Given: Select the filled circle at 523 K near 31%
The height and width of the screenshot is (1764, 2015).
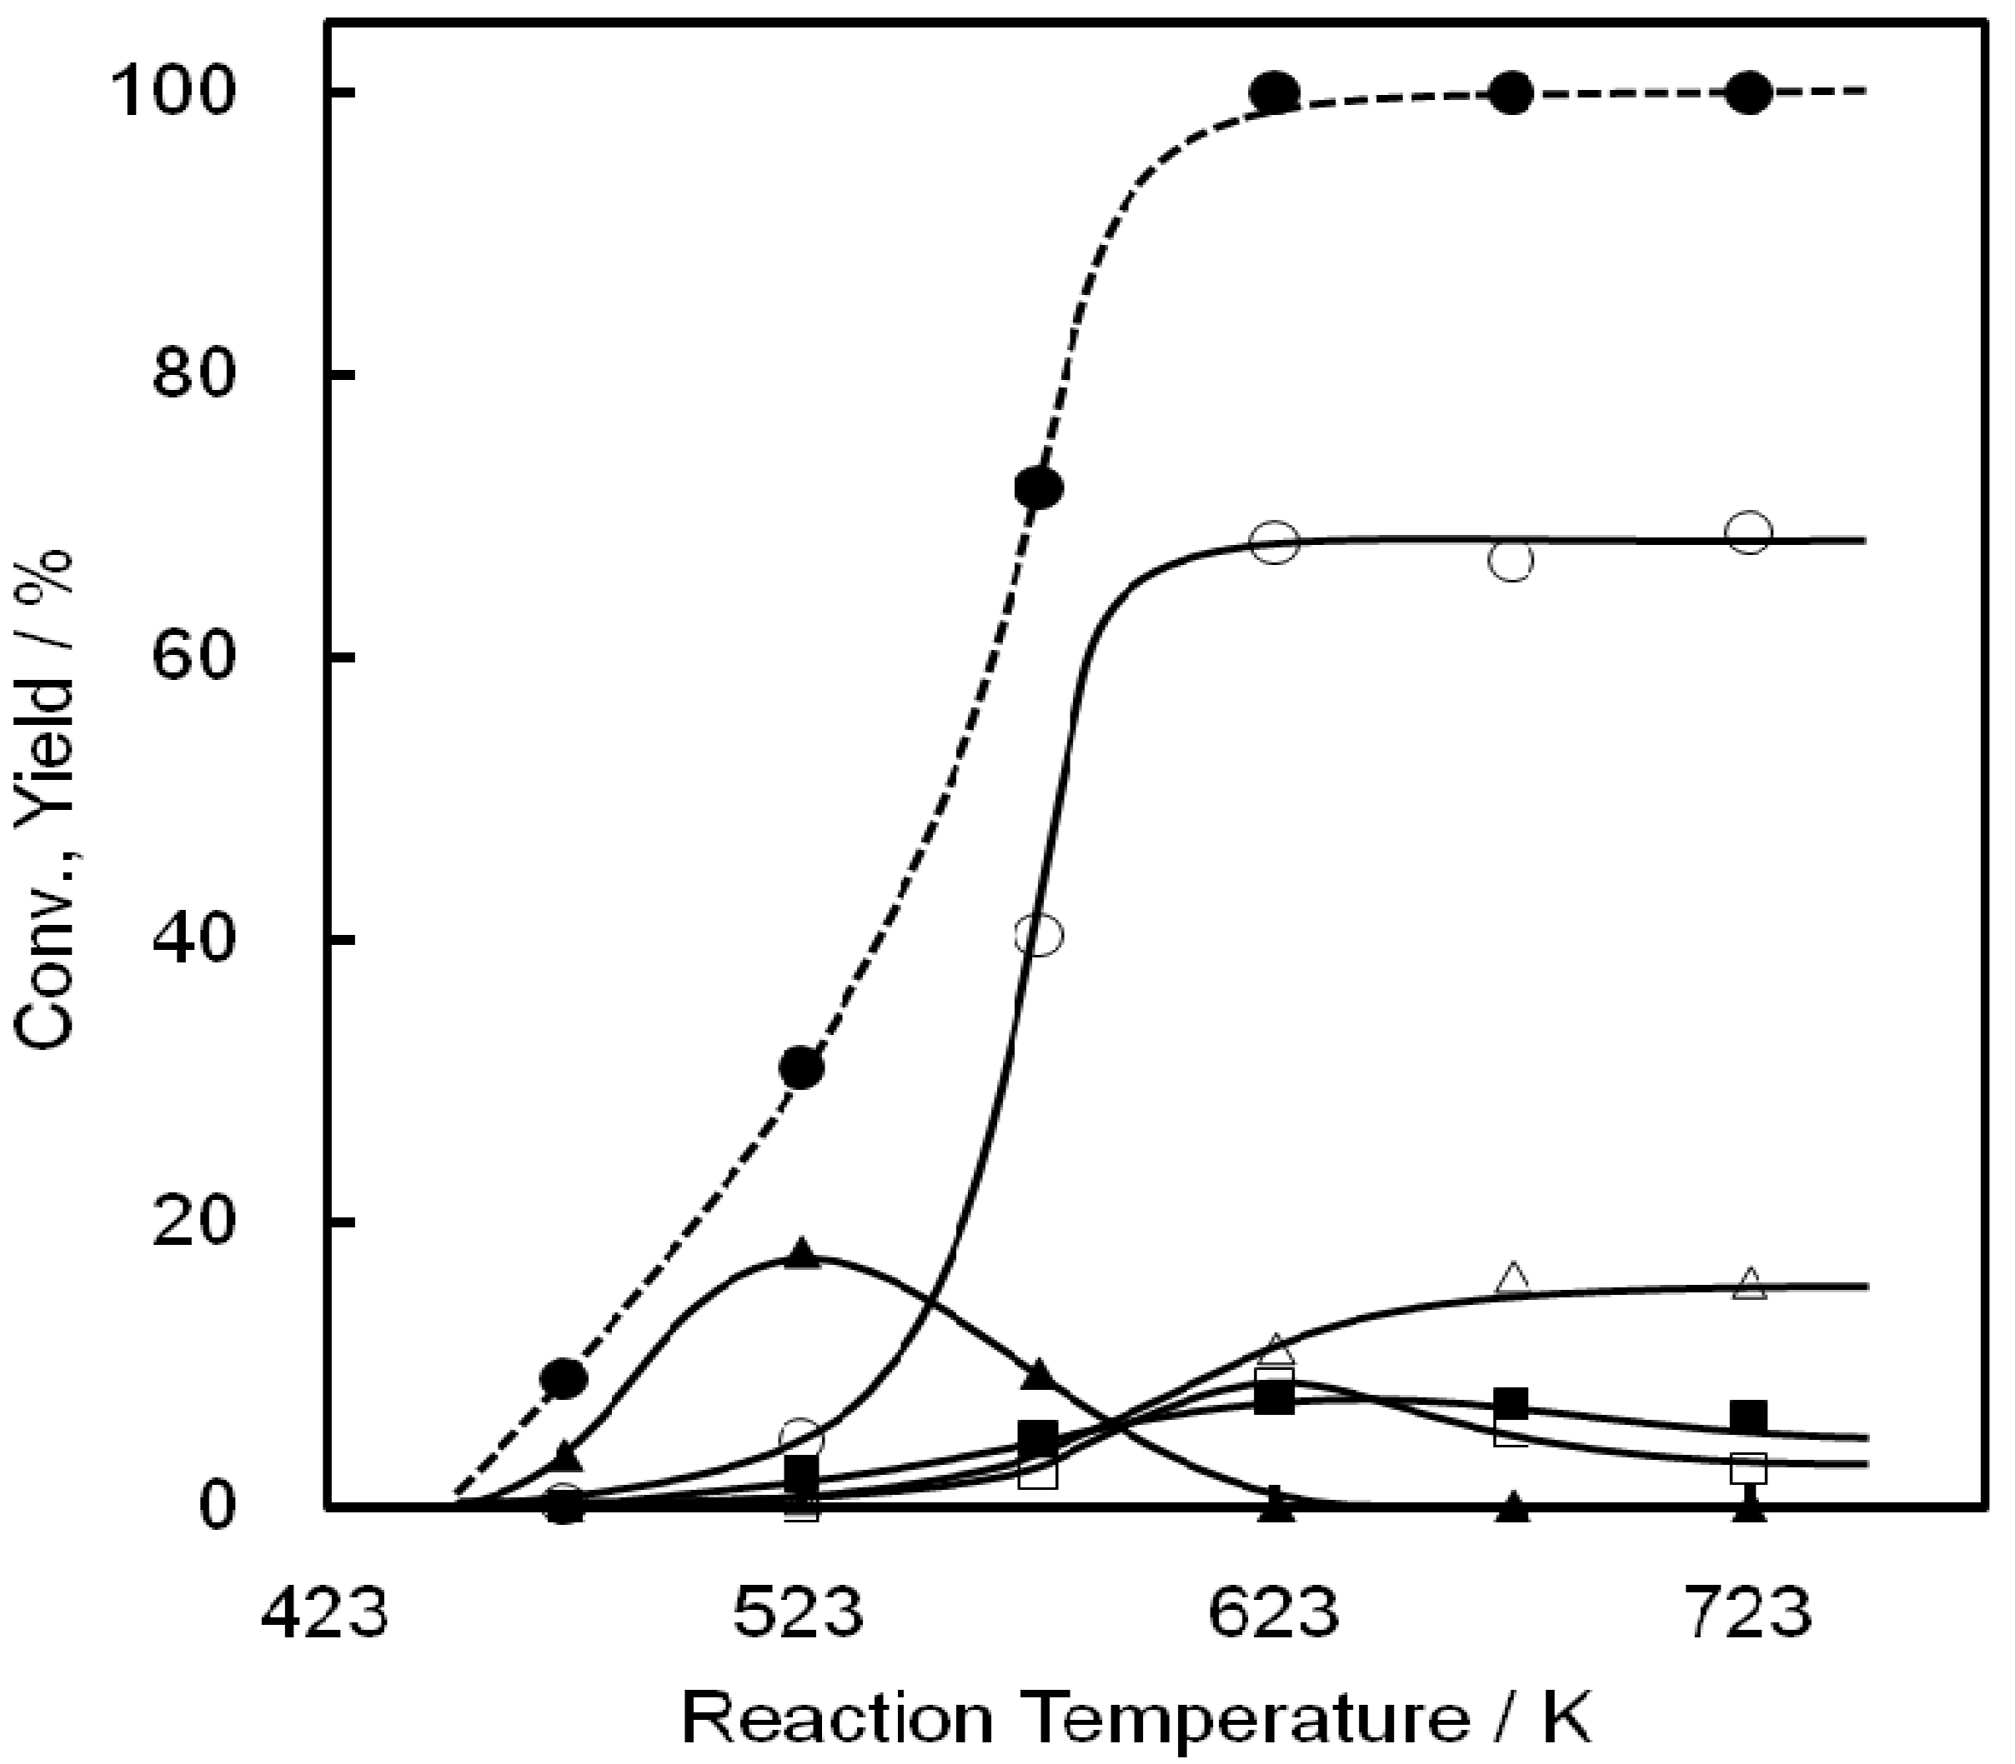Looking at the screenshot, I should pos(802,1068).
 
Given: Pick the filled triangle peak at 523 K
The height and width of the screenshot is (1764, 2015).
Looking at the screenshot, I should pos(802,1254).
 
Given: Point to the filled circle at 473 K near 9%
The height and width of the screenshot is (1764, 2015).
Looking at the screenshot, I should pos(564,1378).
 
